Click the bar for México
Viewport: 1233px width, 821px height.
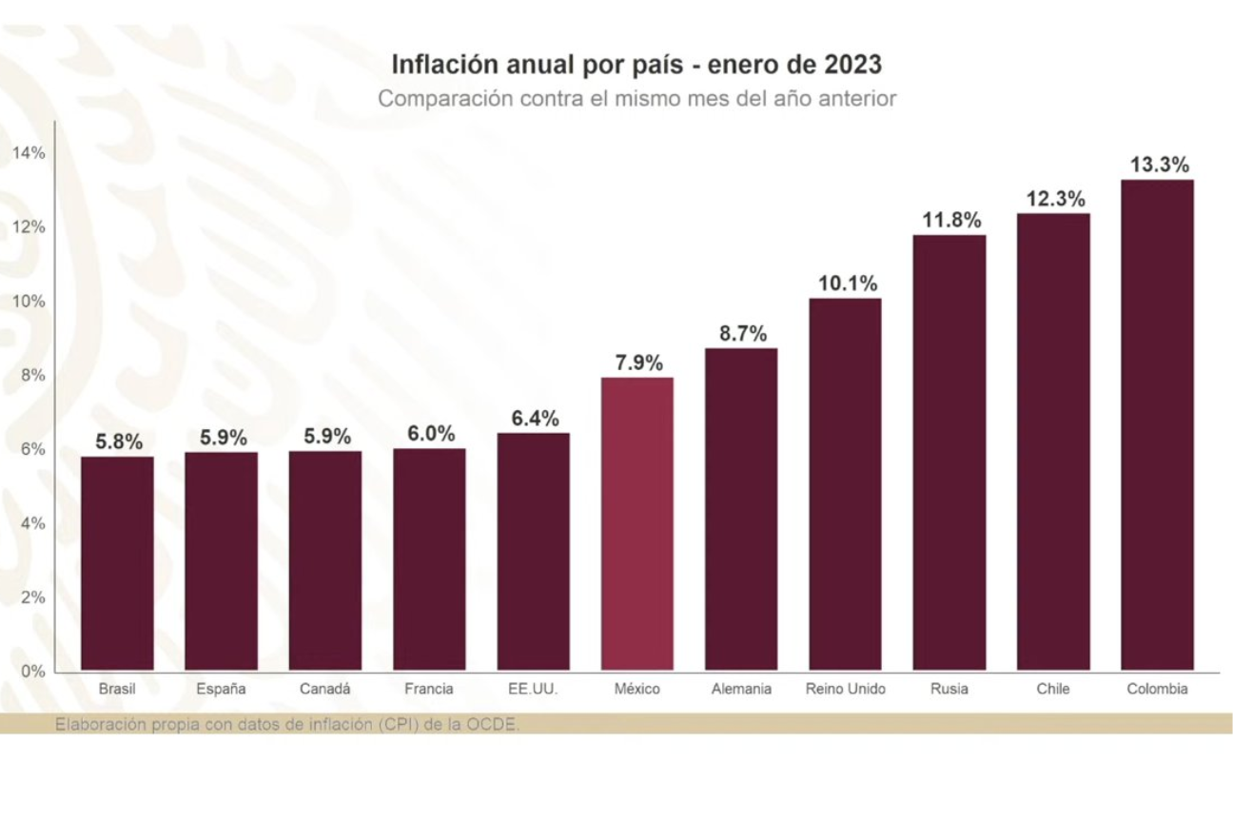[636, 523]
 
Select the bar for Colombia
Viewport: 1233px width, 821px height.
[1156, 424]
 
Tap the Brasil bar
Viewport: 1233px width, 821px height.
[117, 563]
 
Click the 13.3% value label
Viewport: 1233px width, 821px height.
[1159, 165]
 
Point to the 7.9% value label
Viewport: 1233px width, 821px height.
[637, 362]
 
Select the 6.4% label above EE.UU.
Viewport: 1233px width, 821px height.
[535, 419]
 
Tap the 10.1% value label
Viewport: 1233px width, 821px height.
[848, 283]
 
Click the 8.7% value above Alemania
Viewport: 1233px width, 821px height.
[741, 334]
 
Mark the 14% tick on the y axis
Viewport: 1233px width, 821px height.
[29, 153]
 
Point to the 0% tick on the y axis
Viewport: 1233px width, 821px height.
[34, 671]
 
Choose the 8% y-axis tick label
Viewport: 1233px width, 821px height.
[31, 375]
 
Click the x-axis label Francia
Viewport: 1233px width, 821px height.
[429, 689]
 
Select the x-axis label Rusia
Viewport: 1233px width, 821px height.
[949, 689]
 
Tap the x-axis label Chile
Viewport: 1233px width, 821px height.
[1053, 689]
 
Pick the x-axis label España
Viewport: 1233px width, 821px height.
[221, 689]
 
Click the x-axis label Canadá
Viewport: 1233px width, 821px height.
[324, 689]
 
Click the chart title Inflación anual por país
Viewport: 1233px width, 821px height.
[636, 65]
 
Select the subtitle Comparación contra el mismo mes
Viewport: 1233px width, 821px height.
[636, 98]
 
